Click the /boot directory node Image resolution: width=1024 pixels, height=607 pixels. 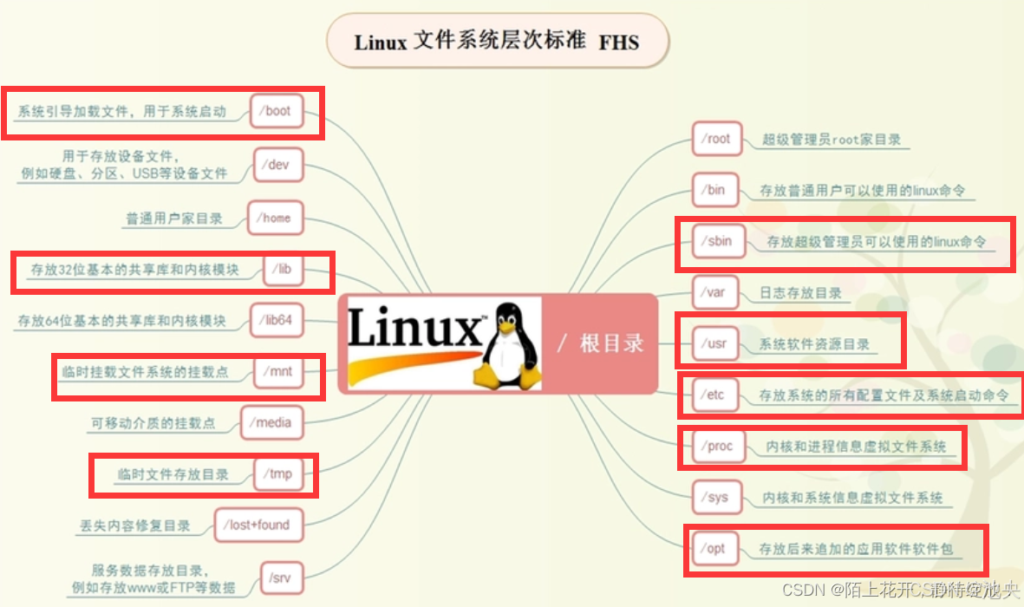click(x=277, y=111)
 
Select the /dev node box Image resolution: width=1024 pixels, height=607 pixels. click(x=278, y=164)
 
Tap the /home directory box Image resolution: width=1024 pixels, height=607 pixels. click(x=276, y=218)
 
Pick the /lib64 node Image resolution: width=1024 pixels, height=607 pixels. click(x=275, y=321)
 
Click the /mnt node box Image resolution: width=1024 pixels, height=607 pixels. click(x=280, y=372)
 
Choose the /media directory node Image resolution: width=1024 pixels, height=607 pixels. click(x=270, y=423)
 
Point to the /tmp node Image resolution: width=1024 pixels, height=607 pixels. click(x=279, y=473)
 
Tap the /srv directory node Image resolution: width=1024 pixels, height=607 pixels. click(x=279, y=577)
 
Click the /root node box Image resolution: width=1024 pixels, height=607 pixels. click(x=717, y=139)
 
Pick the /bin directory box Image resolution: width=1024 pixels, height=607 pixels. click(x=715, y=190)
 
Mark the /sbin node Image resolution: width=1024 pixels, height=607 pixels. click(x=719, y=241)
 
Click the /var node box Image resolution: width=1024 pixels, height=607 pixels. click(x=715, y=292)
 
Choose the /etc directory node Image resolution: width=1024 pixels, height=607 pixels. click(x=714, y=395)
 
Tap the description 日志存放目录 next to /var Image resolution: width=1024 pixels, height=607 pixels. click(x=800, y=293)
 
